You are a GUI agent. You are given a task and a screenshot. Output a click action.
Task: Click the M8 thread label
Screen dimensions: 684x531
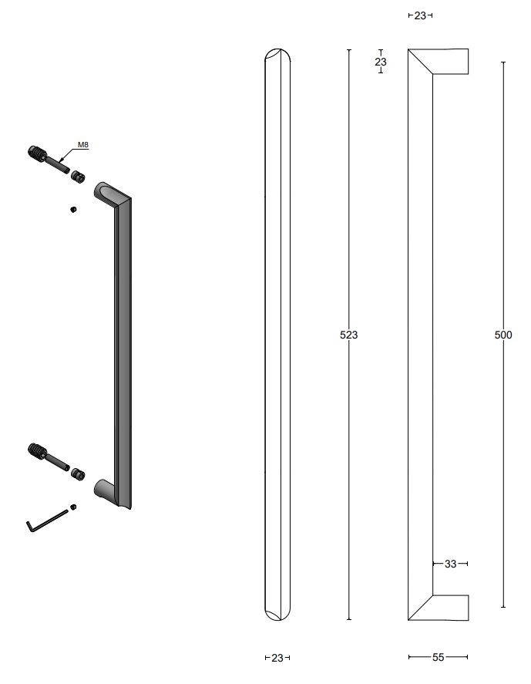click(82, 144)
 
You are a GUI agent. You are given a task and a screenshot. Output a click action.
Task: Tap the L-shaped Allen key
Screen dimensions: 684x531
click(46, 520)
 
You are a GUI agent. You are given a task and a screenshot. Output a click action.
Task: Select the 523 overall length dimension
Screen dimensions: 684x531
click(349, 335)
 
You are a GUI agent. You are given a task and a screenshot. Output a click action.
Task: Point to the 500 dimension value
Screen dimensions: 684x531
click(502, 335)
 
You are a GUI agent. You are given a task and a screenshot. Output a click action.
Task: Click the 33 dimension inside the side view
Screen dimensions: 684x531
click(451, 564)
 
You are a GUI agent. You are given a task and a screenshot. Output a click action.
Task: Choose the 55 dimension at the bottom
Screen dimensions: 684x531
click(438, 658)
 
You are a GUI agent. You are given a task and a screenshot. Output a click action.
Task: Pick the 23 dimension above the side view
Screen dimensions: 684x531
click(420, 15)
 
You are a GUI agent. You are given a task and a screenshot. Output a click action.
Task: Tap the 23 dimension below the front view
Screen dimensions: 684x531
click(277, 658)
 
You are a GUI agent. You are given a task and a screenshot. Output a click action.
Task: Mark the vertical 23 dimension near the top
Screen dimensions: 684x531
click(381, 62)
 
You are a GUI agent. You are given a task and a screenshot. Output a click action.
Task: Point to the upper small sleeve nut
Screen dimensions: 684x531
click(77, 177)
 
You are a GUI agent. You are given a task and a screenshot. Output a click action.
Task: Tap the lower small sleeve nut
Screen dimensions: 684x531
click(77, 473)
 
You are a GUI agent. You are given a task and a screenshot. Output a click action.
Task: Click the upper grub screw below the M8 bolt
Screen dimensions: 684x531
click(72, 209)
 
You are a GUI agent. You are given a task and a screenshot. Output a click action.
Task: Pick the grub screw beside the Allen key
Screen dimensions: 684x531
click(73, 507)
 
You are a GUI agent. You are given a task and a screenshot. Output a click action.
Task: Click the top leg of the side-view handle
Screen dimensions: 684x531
click(447, 62)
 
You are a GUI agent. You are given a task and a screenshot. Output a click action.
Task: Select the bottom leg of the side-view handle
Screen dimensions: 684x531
click(447, 608)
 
